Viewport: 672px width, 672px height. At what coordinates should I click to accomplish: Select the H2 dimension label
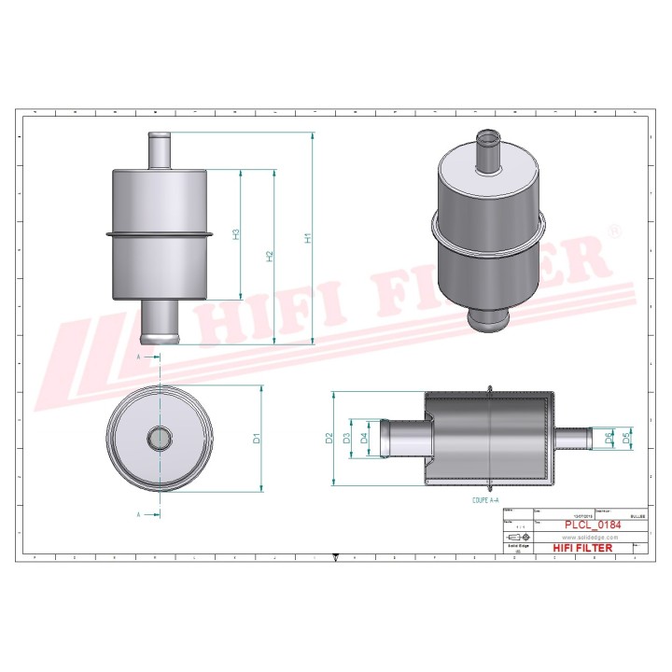(x=270, y=256)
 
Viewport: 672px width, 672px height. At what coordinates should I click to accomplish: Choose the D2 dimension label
(x=329, y=439)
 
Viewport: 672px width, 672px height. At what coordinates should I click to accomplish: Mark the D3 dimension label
(x=346, y=439)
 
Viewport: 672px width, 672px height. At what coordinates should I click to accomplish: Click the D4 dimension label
(x=364, y=439)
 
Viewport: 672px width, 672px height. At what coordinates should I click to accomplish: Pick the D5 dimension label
(x=627, y=437)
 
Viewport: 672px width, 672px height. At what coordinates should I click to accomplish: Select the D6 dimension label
(x=609, y=437)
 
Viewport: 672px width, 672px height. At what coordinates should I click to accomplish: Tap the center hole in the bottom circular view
(x=161, y=436)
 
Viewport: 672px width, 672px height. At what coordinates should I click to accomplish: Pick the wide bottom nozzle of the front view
(x=161, y=322)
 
